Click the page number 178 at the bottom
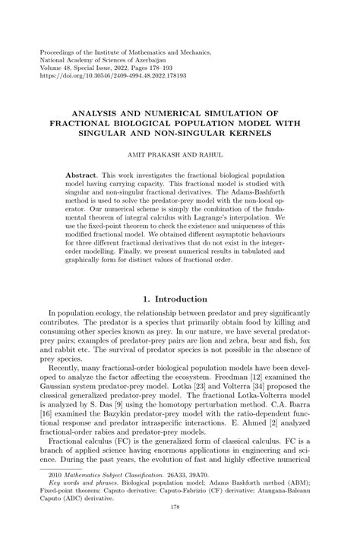pyautogui.click(x=179, y=549)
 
